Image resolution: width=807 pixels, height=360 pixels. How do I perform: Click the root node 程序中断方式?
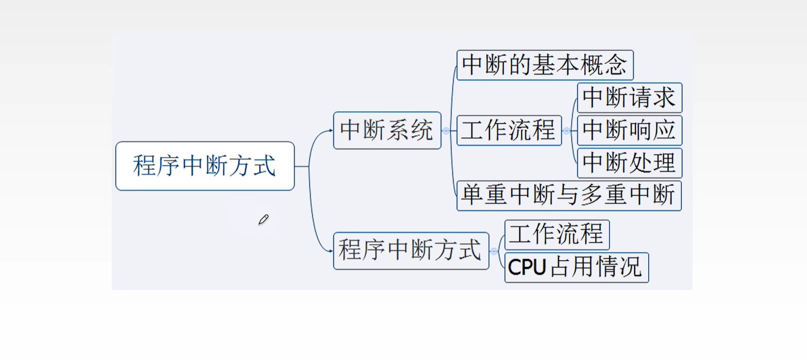click(205, 166)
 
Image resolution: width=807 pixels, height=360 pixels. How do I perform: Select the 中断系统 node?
click(387, 130)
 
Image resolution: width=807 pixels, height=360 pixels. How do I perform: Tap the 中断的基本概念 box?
click(545, 65)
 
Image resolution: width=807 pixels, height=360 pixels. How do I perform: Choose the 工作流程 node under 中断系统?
click(509, 130)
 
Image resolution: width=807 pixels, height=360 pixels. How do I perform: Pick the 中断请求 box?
click(629, 98)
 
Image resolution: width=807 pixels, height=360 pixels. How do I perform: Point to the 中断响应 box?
click(629, 130)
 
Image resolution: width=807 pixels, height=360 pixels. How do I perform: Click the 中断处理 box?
click(629, 163)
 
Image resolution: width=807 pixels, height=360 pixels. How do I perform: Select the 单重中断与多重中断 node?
click(568, 195)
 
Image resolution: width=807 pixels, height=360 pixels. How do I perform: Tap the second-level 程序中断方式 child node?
click(411, 251)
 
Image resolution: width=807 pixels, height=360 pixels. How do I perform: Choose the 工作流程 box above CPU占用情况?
click(556, 234)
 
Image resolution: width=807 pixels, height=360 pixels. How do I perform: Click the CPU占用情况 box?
click(576, 268)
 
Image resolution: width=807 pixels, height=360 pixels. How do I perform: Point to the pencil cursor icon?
click(263, 219)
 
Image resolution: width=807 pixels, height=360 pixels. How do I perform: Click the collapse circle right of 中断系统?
click(446, 131)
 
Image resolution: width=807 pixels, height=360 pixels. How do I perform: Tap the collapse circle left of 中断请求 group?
click(566, 131)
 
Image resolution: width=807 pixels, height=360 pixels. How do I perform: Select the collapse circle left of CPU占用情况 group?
click(494, 251)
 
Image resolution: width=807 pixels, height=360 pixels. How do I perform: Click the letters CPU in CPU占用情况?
click(527, 268)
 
